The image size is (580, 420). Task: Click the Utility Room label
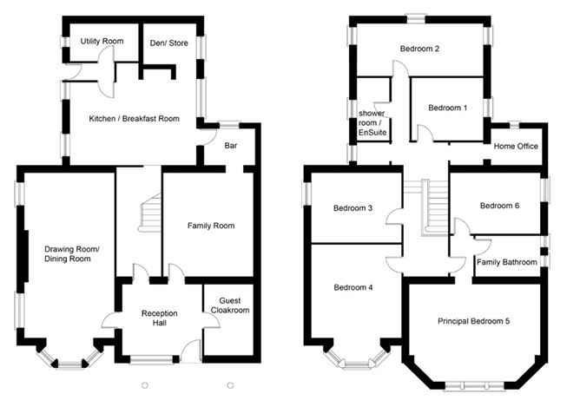click(101, 42)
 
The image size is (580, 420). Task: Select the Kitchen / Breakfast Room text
click(135, 119)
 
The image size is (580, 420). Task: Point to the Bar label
click(231, 146)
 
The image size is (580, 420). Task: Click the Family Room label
click(211, 226)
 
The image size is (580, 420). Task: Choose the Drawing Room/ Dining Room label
click(72, 253)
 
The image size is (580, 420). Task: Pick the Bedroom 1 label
click(448, 108)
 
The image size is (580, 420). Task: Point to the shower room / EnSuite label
click(372, 123)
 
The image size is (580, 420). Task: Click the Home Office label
click(515, 147)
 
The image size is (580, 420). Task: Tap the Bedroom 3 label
click(352, 208)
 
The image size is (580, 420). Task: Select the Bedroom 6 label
click(499, 206)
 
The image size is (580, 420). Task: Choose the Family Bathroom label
click(507, 261)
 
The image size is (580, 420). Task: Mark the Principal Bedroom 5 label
click(473, 321)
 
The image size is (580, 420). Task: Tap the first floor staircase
click(435, 207)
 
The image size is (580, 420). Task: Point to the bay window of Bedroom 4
click(354, 359)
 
